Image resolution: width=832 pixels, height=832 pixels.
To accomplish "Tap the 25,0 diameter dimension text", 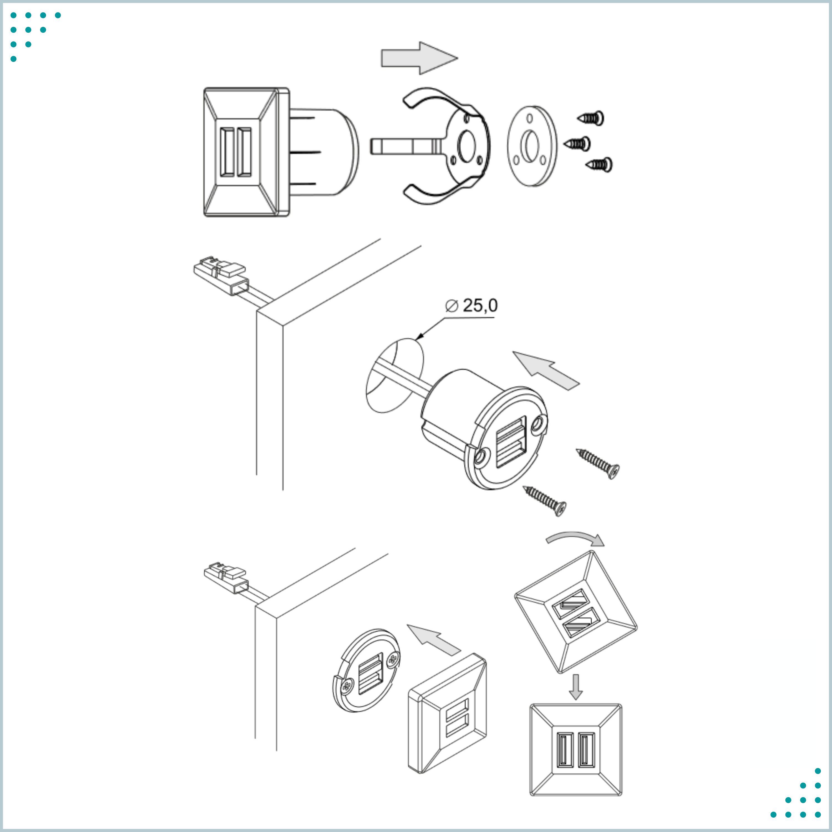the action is point(480,305).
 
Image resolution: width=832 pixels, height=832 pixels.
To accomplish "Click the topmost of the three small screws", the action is point(590,118).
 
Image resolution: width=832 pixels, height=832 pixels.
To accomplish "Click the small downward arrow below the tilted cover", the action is point(576,687).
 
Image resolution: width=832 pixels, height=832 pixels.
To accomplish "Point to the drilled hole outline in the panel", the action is point(394,376).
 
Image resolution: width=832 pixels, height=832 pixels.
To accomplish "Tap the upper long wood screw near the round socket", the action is point(598,463).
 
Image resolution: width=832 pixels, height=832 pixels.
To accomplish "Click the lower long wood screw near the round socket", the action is point(544,500).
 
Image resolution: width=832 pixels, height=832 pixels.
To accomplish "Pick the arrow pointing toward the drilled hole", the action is point(546,370).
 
